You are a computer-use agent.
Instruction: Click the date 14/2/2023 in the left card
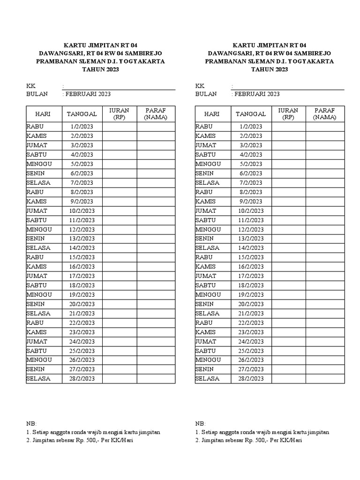click(x=82, y=248)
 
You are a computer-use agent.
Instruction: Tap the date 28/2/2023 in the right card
click(x=251, y=379)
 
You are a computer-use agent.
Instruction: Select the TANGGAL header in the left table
click(x=82, y=114)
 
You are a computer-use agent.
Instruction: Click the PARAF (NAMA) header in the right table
click(x=325, y=114)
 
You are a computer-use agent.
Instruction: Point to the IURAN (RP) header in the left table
click(x=120, y=114)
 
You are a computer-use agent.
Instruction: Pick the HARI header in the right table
click(x=212, y=114)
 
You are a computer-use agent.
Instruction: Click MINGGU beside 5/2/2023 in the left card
click(x=39, y=164)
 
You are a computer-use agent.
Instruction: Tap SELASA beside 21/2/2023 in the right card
click(x=207, y=313)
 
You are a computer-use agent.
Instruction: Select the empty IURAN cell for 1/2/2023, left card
click(x=120, y=127)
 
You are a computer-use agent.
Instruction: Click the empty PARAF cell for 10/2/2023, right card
click(x=325, y=211)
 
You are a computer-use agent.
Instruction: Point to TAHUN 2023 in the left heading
click(x=101, y=69)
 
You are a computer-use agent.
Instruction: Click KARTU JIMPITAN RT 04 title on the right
click(x=270, y=45)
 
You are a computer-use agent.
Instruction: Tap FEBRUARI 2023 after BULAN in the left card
click(x=88, y=94)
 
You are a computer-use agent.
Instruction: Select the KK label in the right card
click(x=200, y=86)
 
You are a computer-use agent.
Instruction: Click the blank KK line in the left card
click(x=120, y=87)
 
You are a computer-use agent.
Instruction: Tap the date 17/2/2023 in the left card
click(x=82, y=276)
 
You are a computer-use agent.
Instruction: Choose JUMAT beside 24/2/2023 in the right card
click(x=206, y=341)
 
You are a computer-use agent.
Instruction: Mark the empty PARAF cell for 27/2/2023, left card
click(x=156, y=369)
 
